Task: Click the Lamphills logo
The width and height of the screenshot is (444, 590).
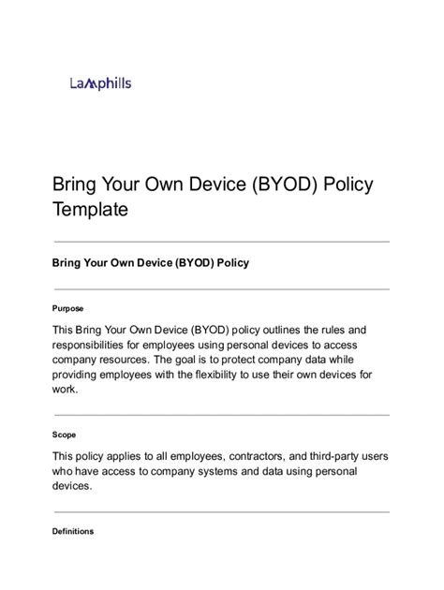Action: click(x=100, y=83)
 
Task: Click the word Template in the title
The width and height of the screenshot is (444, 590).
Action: click(x=89, y=210)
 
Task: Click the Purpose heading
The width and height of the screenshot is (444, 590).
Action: click(x=67, y=307)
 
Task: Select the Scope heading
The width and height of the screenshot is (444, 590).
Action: click(x=65, y=435)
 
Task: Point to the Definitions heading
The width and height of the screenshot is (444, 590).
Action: click(x=73, y=531)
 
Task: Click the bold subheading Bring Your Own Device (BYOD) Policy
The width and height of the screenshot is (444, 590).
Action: click(x=150, y=263)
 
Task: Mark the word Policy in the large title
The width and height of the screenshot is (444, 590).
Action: click(x=348, y=184)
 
